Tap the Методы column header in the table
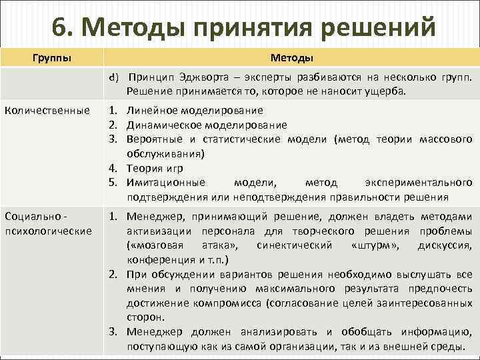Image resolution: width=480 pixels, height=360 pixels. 291,57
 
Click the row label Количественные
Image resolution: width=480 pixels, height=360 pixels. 47,110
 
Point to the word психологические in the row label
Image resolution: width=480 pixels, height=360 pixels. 49,231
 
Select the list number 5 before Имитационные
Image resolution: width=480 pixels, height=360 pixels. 113,183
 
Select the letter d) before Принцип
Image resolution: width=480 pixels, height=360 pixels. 115,77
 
